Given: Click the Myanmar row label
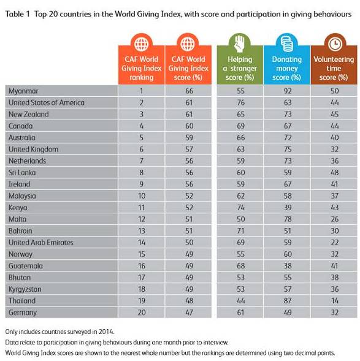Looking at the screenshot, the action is tap(23, 91).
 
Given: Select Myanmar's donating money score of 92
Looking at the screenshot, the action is tap(288, 91).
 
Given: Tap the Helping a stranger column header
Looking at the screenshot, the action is tap(240, 69).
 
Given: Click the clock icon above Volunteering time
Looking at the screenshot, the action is tap(335, 44).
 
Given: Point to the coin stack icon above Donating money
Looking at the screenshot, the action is tap(287, 44).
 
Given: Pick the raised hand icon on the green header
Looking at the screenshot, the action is tap(240, 43).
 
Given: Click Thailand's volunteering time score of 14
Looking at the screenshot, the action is tap(334, 301).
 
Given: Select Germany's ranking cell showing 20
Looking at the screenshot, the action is tap(142, 313).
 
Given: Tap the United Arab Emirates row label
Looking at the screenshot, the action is tap(41, 243).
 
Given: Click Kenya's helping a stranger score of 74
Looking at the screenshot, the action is tap(240, 207).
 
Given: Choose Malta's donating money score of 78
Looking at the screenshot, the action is tap(288, 219).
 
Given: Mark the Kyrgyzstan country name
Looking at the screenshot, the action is tap(25, 289).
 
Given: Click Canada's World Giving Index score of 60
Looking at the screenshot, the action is tap(189, 126).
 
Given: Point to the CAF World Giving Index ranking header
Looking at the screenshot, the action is tap(142, 69).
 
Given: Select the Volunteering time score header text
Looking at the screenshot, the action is tap(334, 69).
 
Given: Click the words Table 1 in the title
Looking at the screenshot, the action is tap(18, 14).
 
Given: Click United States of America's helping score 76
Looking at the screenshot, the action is tap(240, 102).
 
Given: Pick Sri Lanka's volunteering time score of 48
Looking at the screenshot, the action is tap(334, 172).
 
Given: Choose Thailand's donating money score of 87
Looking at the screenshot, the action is tap(288, 301).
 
